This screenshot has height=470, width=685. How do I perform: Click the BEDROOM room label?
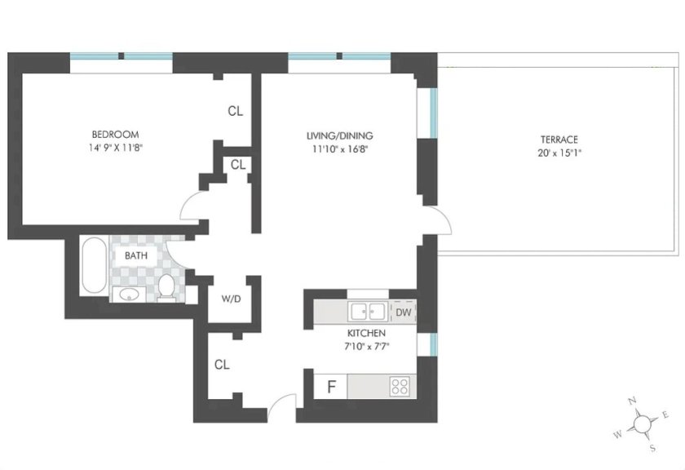pyautogui.click(x=115, y=134)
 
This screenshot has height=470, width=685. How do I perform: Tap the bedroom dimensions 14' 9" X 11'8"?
pyautogui.click(x=116, y=148)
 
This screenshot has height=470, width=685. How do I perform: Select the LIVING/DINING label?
pyautogui.click(x=339, y=135)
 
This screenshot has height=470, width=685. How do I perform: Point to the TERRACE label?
pyautogui.click(x=559, y=140)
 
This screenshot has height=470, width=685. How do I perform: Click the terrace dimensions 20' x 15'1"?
pyautogui.click(x=559, y=153)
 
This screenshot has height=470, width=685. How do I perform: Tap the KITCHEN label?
pyautogui.click(x=366, y=333)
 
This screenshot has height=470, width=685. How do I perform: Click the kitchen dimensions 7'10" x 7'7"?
pyautogui.click(x=366, y=347)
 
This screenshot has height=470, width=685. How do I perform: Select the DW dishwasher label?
pyautogui.click(x=404, y=313)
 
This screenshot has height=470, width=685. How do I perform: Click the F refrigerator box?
pyautogui.click(x=331, y=387)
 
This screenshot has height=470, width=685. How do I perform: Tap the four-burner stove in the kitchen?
pyautogui.click(x=400, y=387)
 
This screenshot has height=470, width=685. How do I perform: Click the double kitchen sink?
pyautogui.click(x=368, y=312)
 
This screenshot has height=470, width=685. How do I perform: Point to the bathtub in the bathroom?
pyautogui.click(x=94, y=265)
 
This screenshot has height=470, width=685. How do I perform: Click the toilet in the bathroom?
pyautogui.click(x=166, y=288)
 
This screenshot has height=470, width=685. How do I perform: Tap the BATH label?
pyautogui.click(x=136, y=255)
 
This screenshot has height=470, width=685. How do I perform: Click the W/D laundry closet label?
pyautogui.click(x=231, y=299)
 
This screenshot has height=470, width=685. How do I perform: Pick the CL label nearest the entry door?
pyautogui.click(x=222, y=364)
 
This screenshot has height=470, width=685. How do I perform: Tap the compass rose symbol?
pyautogui.click(x=641, y=423)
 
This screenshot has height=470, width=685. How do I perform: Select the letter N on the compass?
pyautogui.click(x=632, y=401)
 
